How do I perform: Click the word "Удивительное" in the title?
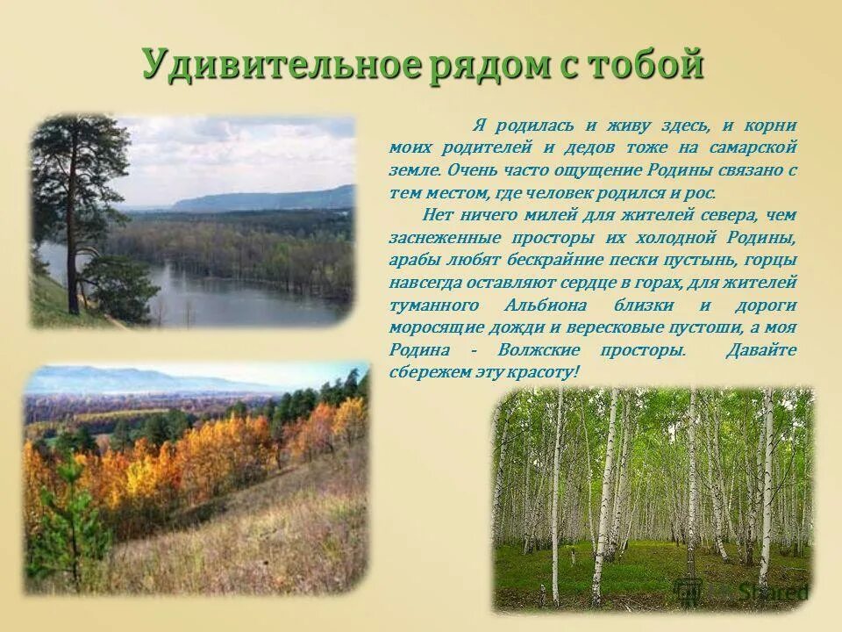pos(282,66)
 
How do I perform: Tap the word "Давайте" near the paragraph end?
pos(761,349)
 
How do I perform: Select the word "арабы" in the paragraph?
pos(414,261)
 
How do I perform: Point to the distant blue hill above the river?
pos(263,199)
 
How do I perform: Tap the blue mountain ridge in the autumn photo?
pos(132,380)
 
